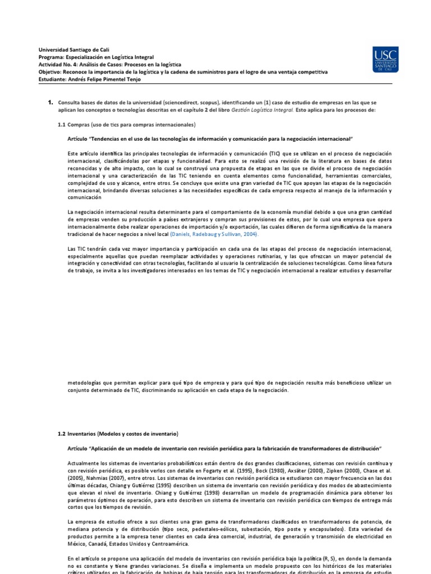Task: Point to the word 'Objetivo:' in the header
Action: pos(52,72)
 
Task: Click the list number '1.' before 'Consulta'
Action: pos(50,103)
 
